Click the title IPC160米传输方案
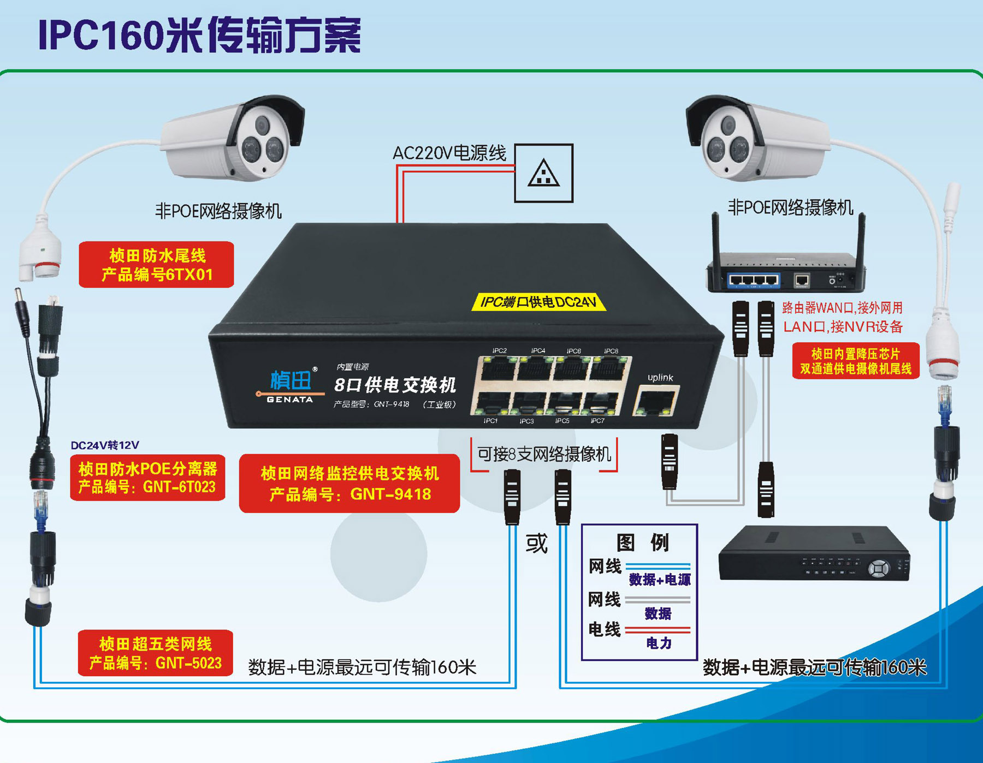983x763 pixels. [x=200, y=35]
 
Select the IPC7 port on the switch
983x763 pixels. [x=601, y=404]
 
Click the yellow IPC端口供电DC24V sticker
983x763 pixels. [x=538, y=302]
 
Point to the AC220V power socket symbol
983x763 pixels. [x=543, y=173]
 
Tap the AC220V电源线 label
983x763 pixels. [x=449, y=153]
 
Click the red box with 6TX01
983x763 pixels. [x=156, y=265]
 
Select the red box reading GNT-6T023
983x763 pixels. [x=147, y=478]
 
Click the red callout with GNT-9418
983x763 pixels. [x=350, y=484]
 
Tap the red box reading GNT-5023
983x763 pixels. [x=156, y=653]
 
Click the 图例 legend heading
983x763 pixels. [x=642, y=543]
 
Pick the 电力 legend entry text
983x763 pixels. [x=659, y=643]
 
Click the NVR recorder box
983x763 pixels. [x=814, y=554]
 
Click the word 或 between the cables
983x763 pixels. [x=536, y=544]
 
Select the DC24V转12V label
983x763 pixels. [x=105, y=445]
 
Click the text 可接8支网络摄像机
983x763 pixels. [x=544, y=454]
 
